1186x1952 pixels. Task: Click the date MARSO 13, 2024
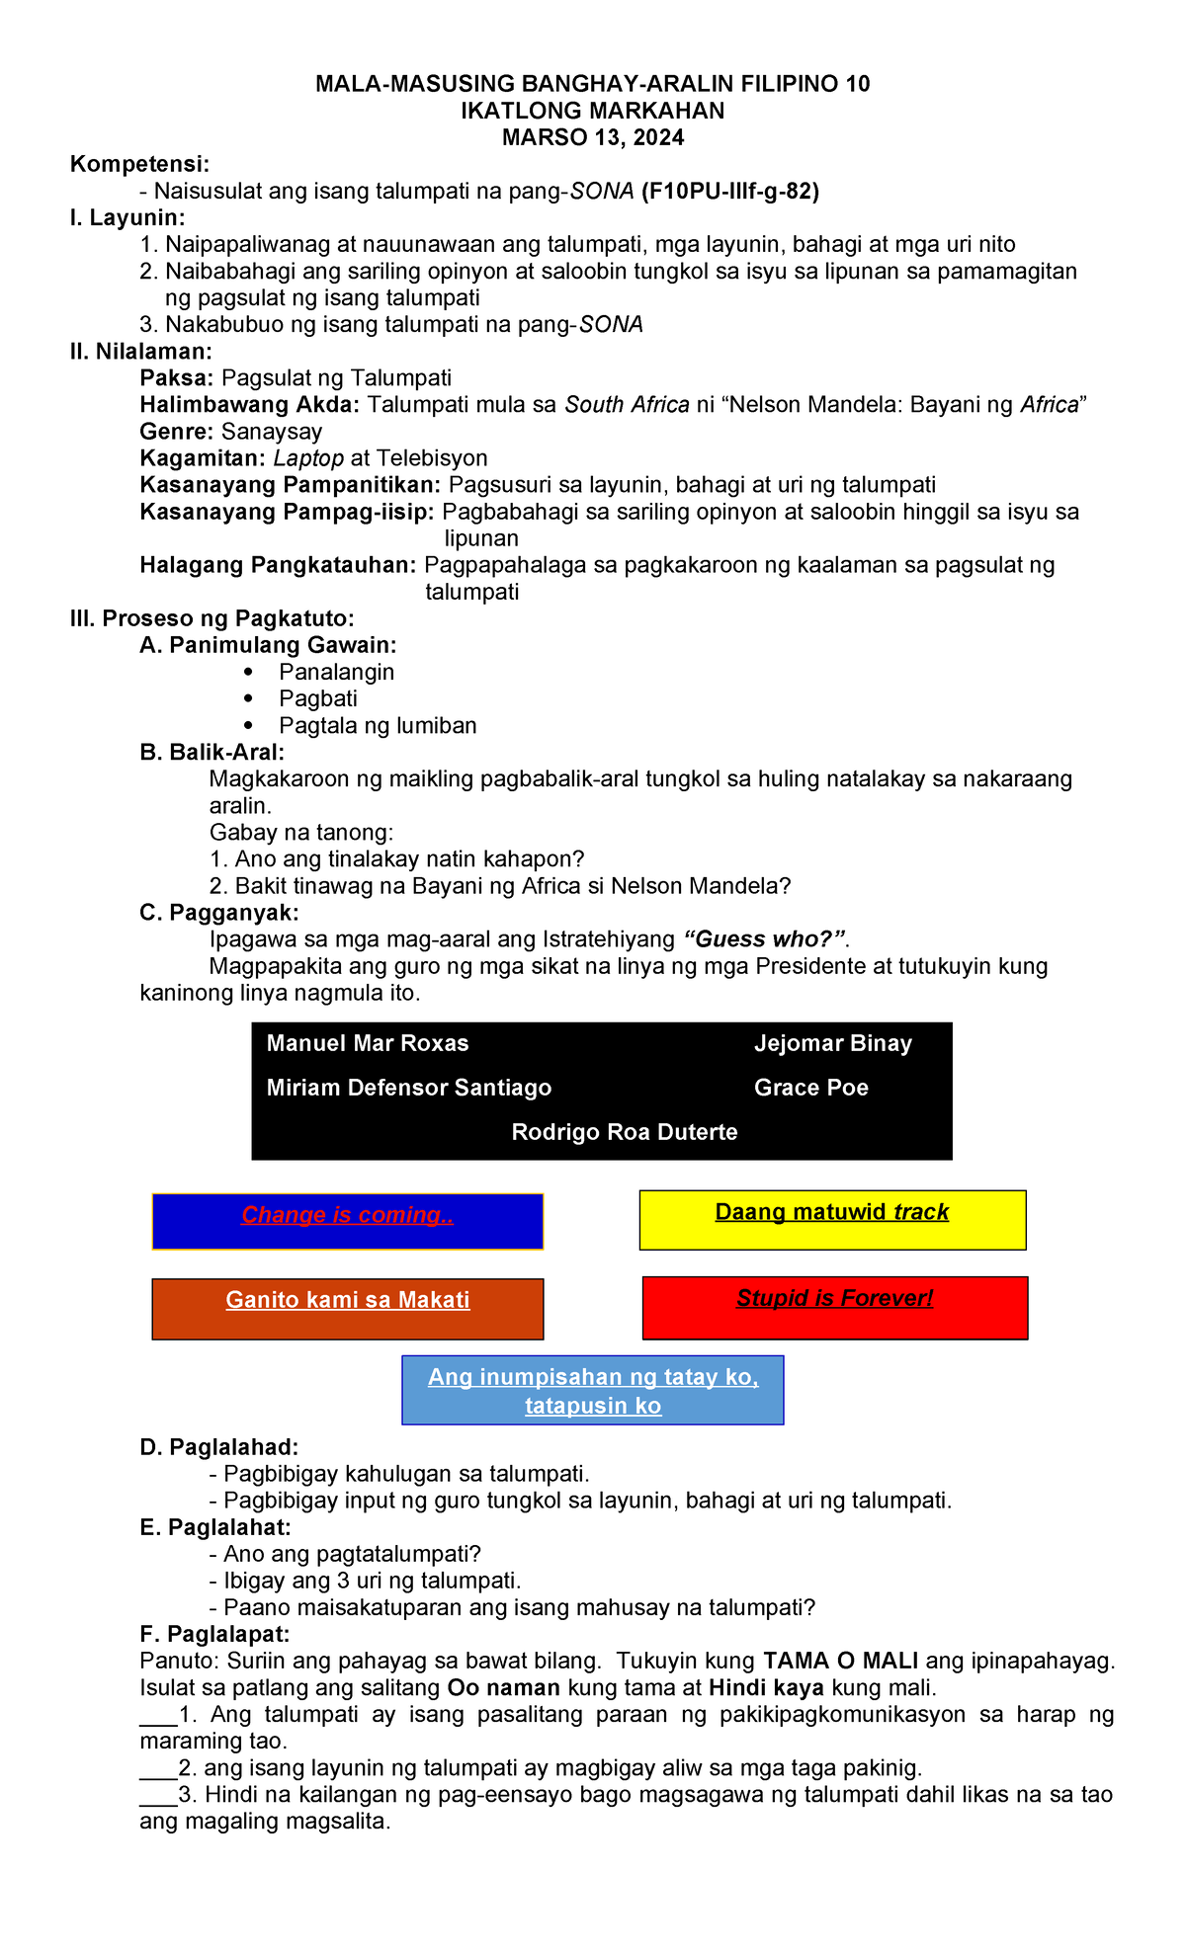[592, 137]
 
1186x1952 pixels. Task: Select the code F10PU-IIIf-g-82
[729, 192]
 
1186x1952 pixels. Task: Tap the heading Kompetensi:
[139, 164]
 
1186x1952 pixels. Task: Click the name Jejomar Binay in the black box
[832, 1044]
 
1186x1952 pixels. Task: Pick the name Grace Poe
[810, 1088]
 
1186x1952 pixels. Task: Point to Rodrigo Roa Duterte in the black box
[624, 1132]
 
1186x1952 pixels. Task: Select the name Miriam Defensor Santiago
[409, 1088]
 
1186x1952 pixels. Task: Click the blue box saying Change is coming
[347, 1222]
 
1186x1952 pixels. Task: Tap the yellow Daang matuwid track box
[832, 1220]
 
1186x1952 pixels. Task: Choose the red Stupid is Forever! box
[834, 1307]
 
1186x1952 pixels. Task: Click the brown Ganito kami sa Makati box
[347, 1309]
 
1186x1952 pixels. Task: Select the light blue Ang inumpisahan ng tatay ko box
[592, 1390]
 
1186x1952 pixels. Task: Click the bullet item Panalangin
[336, 672]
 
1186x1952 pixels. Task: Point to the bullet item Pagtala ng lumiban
[378, 725]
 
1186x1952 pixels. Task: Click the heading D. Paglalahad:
[218, 1447]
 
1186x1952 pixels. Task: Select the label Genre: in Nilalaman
[178, 432]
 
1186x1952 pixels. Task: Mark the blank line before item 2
[157, 1768]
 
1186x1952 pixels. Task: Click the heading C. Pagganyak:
[218, 912]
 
